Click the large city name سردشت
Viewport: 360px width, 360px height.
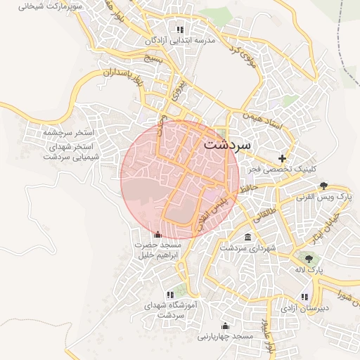227,145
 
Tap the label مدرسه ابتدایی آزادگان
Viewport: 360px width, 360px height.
179,41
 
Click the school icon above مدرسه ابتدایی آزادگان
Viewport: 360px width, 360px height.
180,30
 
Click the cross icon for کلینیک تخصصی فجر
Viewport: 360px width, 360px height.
283,158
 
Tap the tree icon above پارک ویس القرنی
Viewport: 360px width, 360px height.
323,186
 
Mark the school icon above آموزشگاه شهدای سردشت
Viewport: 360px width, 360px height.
169,295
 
